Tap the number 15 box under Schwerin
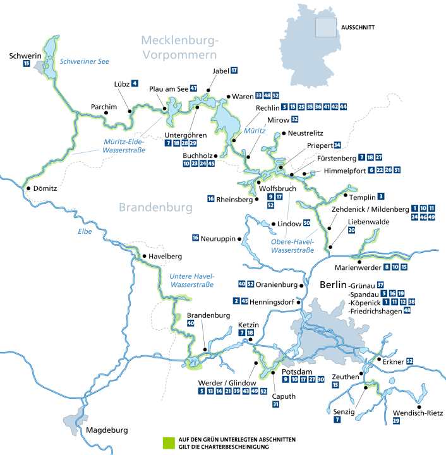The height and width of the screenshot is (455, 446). coord(26,64)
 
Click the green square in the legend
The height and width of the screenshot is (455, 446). coord(167,442)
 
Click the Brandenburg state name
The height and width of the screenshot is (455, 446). coord(154,207)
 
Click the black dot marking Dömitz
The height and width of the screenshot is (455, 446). coord(27,188)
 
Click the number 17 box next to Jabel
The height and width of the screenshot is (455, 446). coord(234,70)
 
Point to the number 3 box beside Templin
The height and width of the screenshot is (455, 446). coord(381,197)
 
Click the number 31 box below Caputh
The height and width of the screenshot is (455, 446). coord(275,404)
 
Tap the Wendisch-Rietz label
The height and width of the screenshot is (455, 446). coord(413,412)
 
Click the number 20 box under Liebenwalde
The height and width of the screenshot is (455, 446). coord(351,231)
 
